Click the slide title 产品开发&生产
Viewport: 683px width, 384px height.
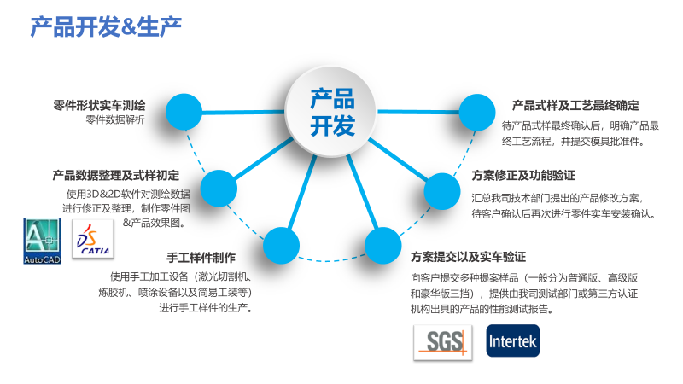click(x=106, y=27)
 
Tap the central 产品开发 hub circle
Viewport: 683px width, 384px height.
click(x=330, y=112)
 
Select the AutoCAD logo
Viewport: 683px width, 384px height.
click(x=42, y=241)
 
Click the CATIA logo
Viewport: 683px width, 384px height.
click(x=93, y=239)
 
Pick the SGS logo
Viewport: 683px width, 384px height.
click(x=443, y=342)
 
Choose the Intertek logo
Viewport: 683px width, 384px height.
click(x=513, y=340)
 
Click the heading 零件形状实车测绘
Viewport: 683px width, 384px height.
click(x=99, y=105)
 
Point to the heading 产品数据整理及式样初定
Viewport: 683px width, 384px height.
click(x=116, y=176)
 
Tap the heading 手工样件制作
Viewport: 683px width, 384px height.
click(x=201, y=258)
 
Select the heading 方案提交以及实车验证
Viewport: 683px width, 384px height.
click(x=468, y=258)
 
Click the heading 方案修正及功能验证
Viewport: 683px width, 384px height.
click(x=523, y=176)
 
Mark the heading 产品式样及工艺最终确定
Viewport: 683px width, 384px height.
click(x=575, y=105)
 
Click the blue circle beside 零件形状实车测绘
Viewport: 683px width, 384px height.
click(x=184, y=112)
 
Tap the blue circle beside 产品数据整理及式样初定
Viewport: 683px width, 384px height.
click(x=219, y=189)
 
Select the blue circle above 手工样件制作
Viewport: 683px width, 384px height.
click(x=281, y=246)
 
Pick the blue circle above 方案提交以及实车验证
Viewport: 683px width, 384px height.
click(x=382, y=246)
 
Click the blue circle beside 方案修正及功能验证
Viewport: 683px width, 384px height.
click(x=442, y=191)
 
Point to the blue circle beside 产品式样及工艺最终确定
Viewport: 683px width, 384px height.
click(x=477, y=113)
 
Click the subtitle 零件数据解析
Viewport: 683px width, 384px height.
click(x=115, y=119)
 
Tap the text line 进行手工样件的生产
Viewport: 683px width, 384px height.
click(x=206, y=308)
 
